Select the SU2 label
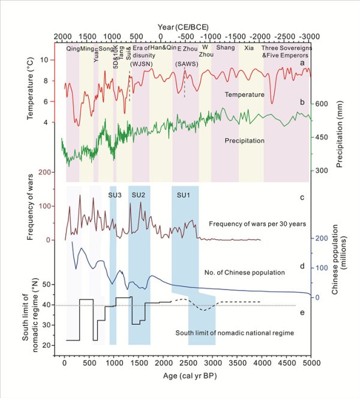tap(139, 195)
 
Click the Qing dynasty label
tap(73, 49)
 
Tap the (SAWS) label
tap(184, 64)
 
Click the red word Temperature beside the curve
tap(245, 95)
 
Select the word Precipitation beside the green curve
tap(245, 141)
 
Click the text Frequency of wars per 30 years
tap(258, 224)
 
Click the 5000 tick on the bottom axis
tap(311, 363)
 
